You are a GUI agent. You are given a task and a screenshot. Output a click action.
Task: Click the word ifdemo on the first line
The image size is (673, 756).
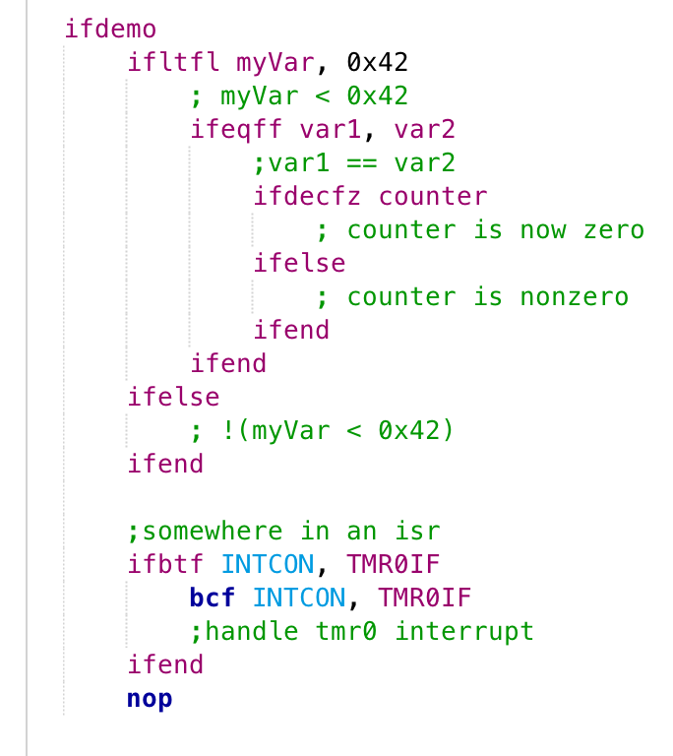tap(110, 30)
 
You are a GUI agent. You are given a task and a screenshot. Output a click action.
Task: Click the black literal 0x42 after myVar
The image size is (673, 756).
tap(377, 63)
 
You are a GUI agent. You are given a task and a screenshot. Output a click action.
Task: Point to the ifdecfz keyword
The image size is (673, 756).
tap(308, 197)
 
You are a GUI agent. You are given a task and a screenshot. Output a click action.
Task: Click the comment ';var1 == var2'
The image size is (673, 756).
tap(354, 163)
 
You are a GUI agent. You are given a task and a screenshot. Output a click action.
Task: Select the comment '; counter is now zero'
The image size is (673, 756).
tap(480, 230)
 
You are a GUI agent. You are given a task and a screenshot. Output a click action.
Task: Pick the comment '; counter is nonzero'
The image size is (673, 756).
tap(472, 297)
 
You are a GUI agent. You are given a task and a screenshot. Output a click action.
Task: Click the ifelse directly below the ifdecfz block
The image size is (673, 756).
tap(299, 264)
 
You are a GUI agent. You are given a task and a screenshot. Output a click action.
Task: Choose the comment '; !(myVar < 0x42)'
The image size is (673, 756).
tap(323, 431)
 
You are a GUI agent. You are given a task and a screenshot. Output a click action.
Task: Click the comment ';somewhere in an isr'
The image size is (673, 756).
tap(283, 532)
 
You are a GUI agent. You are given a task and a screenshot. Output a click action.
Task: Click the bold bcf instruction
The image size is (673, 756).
tap(213, 598)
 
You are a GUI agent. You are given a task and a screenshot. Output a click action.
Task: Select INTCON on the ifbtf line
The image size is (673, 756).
tap(268, 565)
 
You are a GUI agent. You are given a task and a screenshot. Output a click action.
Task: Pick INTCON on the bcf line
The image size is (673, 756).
tap(299, 598)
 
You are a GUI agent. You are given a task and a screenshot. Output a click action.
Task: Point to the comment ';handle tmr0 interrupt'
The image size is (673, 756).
tap(362, 632)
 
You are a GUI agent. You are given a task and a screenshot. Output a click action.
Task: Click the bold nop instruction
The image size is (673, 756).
tap(150, 699)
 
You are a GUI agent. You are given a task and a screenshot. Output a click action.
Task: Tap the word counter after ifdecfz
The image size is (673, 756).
tap(433, 197)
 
